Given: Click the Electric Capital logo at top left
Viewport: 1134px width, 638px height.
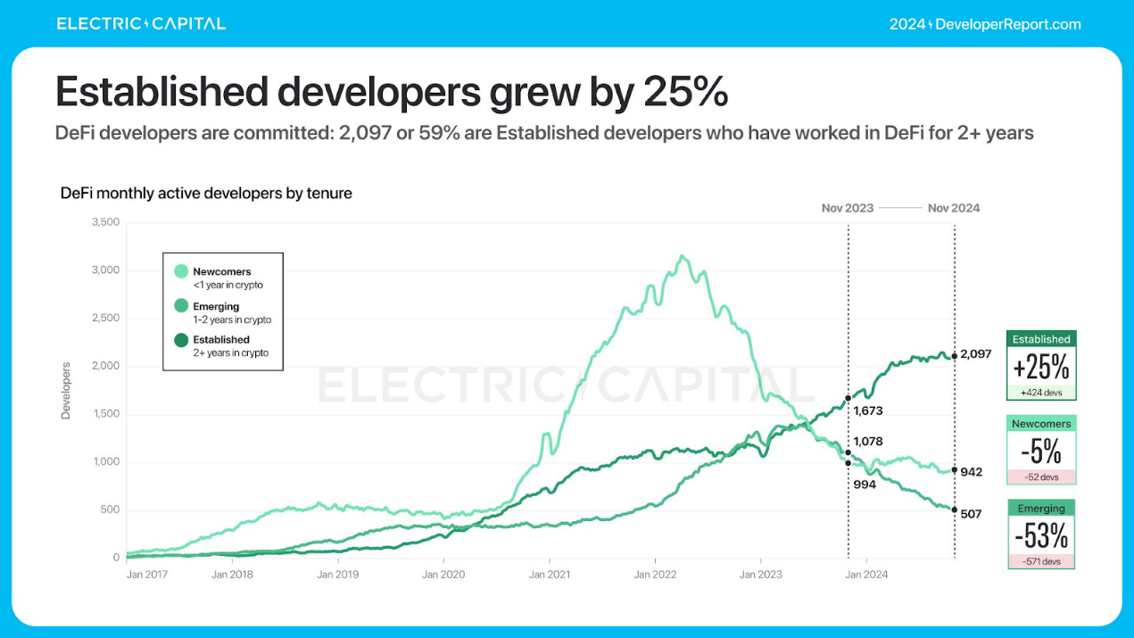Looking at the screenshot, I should [x=141, y=24].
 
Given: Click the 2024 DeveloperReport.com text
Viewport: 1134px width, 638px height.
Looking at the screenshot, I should [x=985, y=24].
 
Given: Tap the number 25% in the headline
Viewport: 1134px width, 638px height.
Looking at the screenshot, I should [x=684, y=91].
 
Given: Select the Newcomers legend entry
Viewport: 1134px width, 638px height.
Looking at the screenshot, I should [x=221, y=278].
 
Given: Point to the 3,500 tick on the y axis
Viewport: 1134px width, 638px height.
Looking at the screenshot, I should [x=104, y=222].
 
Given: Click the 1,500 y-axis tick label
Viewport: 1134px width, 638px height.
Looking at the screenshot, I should [x=104, y=414].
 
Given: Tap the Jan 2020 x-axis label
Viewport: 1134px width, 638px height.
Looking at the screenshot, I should [x=443, y=575].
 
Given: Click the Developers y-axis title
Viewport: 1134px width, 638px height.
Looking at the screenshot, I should [x=65, y=390].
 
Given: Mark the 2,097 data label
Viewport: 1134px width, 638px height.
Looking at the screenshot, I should [x=975, y=354].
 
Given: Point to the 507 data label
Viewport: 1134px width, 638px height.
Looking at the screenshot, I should [x=970, y=514].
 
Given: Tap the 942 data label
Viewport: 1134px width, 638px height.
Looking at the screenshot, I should [x=970, y=472].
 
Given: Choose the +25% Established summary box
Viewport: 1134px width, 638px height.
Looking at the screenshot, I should [x=1041, y=366].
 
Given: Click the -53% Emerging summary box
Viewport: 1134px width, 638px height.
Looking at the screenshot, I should [x=1041, y=534].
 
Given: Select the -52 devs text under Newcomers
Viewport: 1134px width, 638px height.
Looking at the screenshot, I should [x=1041, y=477].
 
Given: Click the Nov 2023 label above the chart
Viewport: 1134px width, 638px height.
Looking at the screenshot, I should [x=848, y=208].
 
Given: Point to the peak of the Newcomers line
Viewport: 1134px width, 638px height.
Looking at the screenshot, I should [x=683, y=256].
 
